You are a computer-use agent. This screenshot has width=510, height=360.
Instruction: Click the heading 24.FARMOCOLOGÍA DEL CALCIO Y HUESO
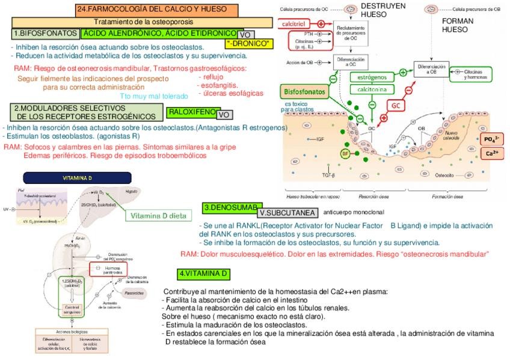click(x=152, y=10)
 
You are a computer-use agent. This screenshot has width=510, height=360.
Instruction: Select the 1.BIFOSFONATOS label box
click(x=45, y=34)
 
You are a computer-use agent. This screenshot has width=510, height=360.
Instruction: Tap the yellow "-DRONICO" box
click(x=249, y=44)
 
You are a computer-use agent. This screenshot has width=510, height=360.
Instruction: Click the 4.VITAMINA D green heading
click(x=204, y=274)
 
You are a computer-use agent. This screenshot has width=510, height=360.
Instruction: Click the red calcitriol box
click(x=297, y=23)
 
